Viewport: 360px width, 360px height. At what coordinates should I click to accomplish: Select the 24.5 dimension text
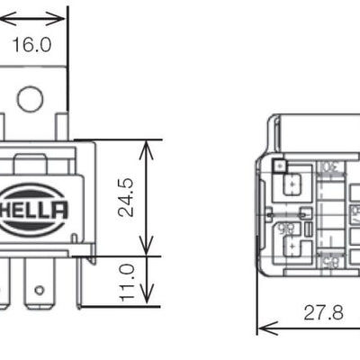point(125,197)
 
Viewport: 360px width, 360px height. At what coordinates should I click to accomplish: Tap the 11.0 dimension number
point(125,282)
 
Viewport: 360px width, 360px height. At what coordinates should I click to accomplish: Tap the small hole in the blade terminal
point(39,290)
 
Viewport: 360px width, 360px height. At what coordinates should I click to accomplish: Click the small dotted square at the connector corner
point(280,166)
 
